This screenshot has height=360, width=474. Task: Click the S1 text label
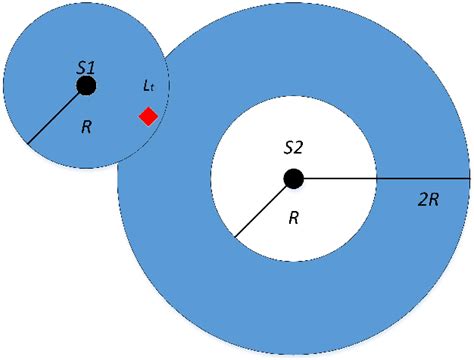click(x=85, y=66)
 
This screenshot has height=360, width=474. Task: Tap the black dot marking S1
click(x=86, y=86)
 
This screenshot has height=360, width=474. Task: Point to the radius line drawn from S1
click(x=57, y=115)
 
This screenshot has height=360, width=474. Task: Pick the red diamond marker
click(x=148, y=117)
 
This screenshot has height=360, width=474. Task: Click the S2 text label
click(x=293, y=147)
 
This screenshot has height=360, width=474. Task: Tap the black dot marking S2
click(x=293, y=179)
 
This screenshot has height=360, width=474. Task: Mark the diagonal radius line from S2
click(x=264, y=207)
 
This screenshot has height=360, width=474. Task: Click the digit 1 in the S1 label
click(x=91, y=66)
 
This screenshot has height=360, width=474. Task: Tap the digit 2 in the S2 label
click(x=299, y=147)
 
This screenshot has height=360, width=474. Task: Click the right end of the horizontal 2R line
click(x=469, y=179)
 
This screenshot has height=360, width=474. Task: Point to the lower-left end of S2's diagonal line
click(x=235, y=236)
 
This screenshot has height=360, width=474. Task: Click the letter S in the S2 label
click(x=288, y=147)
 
